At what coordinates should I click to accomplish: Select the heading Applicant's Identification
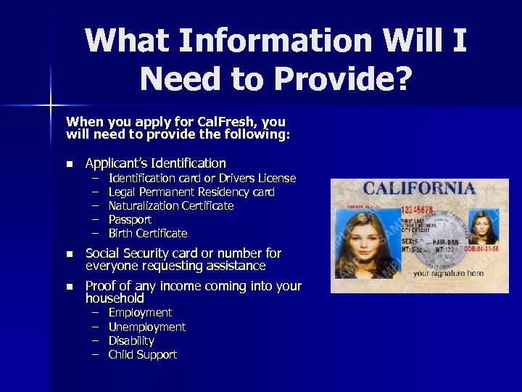155,163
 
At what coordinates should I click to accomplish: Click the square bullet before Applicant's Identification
70,164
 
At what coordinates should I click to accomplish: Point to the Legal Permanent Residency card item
191,192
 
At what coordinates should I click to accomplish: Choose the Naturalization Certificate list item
171,206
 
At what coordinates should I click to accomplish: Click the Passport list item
130,220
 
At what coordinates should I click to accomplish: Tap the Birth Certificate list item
148,234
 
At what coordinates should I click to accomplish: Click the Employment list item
140,313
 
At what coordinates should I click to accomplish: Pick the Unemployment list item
146,327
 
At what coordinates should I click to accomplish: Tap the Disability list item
131,341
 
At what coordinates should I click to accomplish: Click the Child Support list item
142,355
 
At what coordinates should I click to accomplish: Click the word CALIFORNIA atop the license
419,189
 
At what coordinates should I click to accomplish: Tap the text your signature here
449,274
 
